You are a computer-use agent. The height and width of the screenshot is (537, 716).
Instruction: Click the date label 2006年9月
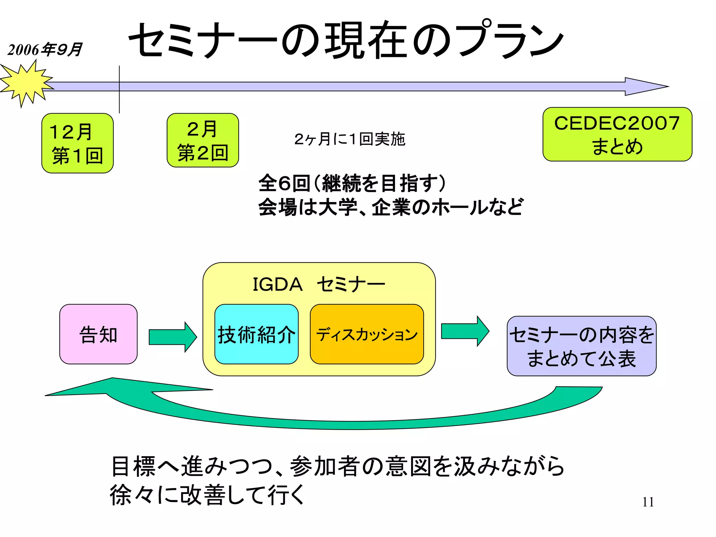pyautogui.click(x=45, y=50)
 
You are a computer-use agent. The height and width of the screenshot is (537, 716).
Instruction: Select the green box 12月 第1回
pyautogui.click(x=77, y=143)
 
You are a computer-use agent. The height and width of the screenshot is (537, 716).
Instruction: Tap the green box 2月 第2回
pyautogui.click(x=203, y=140)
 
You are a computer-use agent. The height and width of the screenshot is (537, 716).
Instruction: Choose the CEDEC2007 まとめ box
pyautogui.click(x=617, y=134)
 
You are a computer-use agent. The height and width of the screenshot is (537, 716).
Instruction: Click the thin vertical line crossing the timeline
pyautogui.click(x=119, y=101)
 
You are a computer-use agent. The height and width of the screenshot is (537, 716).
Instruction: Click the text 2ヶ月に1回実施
pyautogui.click(x=350, y=139)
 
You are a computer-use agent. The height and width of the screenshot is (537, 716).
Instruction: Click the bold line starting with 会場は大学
pyautogui.click(x=391, y=207)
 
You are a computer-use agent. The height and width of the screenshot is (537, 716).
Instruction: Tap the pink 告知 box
pyautogui.click(x=98, y=334)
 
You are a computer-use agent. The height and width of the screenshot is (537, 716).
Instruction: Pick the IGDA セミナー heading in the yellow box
pyautogui.click(x=318, y=284)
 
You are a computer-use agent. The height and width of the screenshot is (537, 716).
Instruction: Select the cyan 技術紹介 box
pyautogui.click(x=256, y=334)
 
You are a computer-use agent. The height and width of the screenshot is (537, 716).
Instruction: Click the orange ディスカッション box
pyautogui.click(x=367, y=334)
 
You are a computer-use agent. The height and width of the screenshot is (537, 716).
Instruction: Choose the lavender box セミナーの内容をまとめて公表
pyautogui.click(x=581, y=346)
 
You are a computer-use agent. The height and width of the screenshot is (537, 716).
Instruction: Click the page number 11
pyautogui.click(x=648, y=502)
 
